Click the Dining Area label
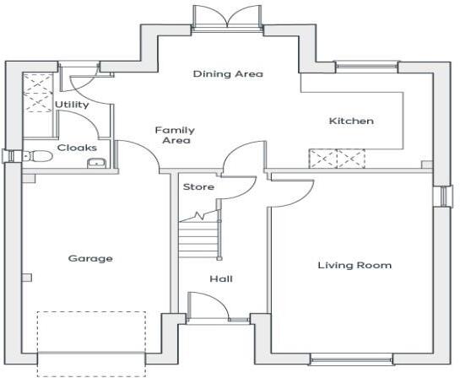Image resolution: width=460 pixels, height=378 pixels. tap(228, 74)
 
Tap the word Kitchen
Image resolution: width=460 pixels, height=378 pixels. tap(350, 121)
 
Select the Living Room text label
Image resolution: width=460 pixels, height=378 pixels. tap(354, 266)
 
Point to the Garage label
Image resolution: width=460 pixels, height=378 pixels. tap(90, 259)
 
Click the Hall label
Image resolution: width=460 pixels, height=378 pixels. tap(221, 279)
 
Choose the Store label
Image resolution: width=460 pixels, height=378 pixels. tap(198, 186)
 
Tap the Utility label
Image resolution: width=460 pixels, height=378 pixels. tap(72, 105)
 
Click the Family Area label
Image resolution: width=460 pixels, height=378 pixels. tap(175, 135)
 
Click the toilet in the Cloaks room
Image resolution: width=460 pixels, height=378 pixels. tap(36, 155)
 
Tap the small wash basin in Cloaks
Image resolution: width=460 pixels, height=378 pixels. tap(97, 163)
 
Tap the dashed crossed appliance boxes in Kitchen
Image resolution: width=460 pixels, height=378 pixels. tap(337, 159)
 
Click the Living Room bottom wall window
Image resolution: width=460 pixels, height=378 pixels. tap(350, 360)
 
